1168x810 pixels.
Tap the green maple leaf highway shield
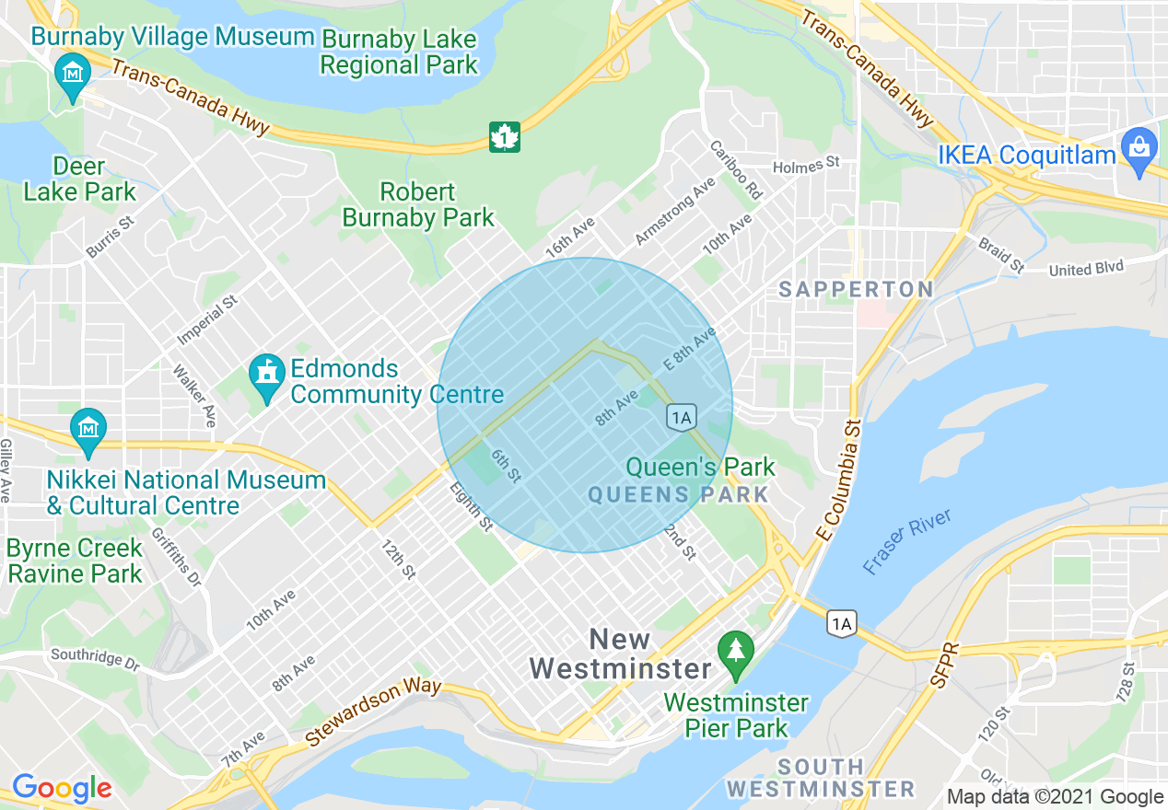[504, 137]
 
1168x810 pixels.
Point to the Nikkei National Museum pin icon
[88, 431]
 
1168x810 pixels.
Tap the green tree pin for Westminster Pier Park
[735, 654]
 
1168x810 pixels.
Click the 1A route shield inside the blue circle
[681, 417]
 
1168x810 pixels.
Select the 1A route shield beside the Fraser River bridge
[841, 624]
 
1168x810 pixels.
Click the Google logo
[62, 788]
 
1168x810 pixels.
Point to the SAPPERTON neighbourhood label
[856, 289]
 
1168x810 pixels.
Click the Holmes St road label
[807, 164]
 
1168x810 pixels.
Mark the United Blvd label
[1086, 269]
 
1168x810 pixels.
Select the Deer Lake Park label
[79, 179]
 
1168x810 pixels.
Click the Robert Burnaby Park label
[418, 204]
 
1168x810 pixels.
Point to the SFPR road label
[939, 661]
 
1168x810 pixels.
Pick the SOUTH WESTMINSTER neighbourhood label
[820, 778]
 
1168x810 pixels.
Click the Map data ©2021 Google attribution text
[1056, 797]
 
